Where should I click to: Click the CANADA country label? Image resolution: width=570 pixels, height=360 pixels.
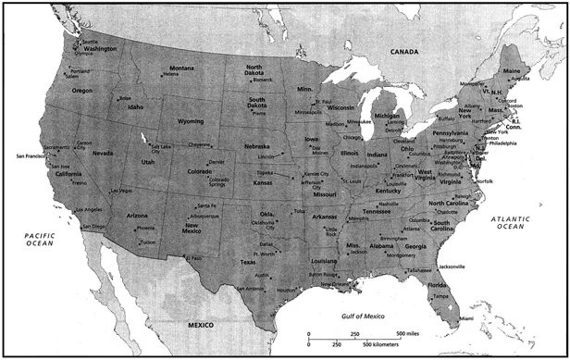[404, 52]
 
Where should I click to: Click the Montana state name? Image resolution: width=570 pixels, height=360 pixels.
[181, 68]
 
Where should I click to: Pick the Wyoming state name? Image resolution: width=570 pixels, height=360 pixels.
[190, 121]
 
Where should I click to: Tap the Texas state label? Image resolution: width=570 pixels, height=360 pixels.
[247, 262]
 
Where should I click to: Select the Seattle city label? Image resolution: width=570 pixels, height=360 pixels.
[90, 42]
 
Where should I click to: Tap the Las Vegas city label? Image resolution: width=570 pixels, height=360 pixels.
[120, 191]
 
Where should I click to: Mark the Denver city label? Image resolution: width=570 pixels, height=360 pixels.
[217, 161]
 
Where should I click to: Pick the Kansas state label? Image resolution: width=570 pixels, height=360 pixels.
[263, 183]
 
